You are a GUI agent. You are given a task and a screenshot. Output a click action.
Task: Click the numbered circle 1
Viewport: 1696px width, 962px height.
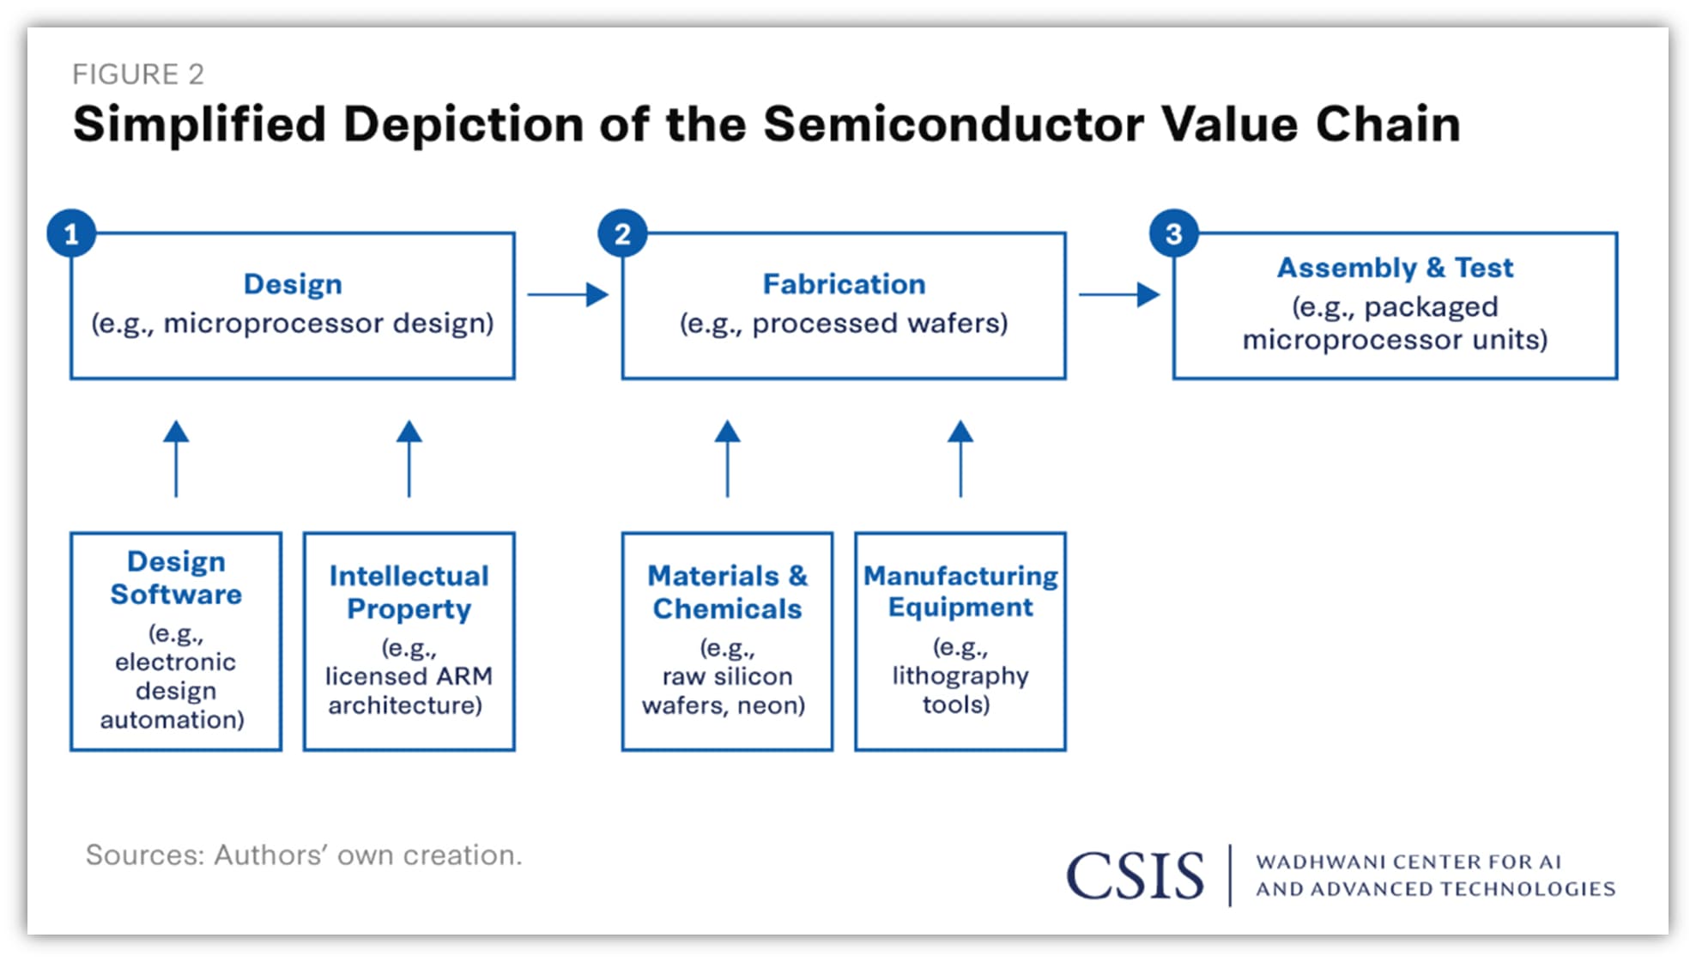(x=71, y=233)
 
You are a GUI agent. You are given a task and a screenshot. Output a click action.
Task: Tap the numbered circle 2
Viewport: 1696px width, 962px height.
(x=622, y=233)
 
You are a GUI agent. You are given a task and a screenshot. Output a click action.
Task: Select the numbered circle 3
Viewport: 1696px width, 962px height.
(x=1173, y=233)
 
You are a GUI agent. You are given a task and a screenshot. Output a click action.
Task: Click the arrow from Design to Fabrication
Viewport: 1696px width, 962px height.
(x=567, y=294)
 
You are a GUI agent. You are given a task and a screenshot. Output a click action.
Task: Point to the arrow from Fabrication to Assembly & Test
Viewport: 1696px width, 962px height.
(x=1118, y=294)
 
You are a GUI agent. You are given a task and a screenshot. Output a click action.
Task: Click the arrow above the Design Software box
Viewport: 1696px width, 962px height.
(x=176, y=458)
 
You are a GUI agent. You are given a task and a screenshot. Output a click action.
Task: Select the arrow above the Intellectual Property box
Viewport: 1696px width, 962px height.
(x=409, y=458)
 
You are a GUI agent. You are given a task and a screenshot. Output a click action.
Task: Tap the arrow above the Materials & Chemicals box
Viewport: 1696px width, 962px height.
(x=727, y=458)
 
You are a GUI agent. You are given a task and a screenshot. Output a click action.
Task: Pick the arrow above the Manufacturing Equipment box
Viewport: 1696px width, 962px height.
(x=960, y=458)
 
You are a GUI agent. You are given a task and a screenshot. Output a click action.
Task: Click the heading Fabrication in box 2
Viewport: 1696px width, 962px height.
(x=844, y=284)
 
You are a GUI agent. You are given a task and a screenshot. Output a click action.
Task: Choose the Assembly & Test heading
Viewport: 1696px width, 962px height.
(x=1395, y=268)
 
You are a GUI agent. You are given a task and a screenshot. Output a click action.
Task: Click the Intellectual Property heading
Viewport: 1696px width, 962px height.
(x=409, y=592)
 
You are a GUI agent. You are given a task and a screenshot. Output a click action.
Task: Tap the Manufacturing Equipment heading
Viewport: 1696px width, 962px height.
(x=960, y=591)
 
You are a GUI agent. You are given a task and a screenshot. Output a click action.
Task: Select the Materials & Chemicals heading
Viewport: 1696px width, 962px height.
(x=727, y=592)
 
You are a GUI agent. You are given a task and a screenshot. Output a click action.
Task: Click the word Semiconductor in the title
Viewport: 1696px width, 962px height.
(x=953, y=124)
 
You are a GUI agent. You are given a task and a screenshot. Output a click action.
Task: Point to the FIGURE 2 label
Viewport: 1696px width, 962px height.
(x=138, y=75)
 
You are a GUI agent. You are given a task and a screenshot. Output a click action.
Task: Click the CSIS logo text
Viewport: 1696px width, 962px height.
(x=1135, y=876)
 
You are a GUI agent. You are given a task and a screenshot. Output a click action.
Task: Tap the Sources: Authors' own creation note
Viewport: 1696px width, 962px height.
(x=304, y=855)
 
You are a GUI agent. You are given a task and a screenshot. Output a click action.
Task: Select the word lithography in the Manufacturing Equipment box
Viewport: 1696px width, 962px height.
(x=960, y=676)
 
